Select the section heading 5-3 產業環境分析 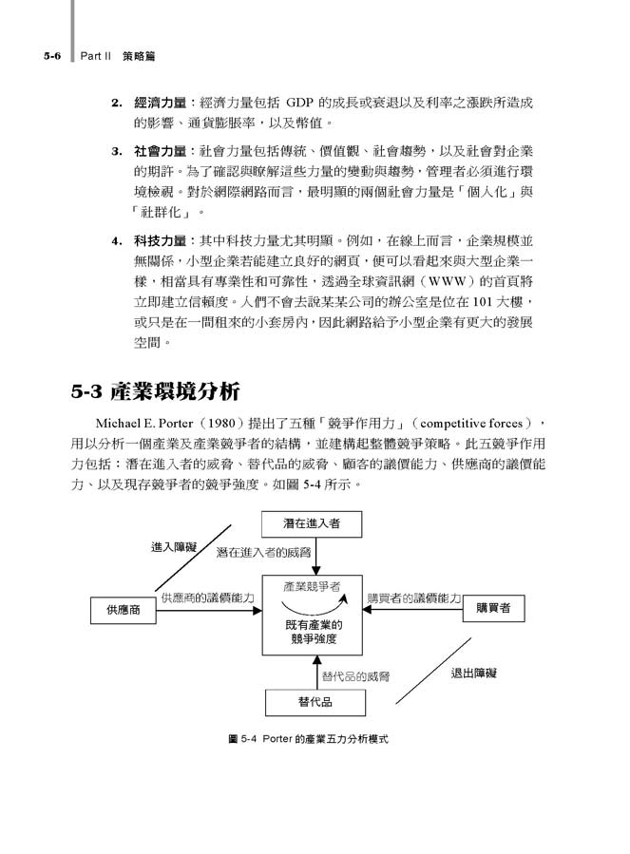click(x=155, y=390)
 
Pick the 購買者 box click(x=492, y=609)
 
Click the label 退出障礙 click(x=473, y=673)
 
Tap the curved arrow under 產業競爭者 click(x=314, y=605)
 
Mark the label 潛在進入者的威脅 click(x=262, y=551)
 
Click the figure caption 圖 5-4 click(x=310, y=737)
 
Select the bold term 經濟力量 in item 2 click(x=160, y=102)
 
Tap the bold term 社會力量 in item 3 click(x=160, y=151)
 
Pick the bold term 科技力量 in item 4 click(x=160, y=240)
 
